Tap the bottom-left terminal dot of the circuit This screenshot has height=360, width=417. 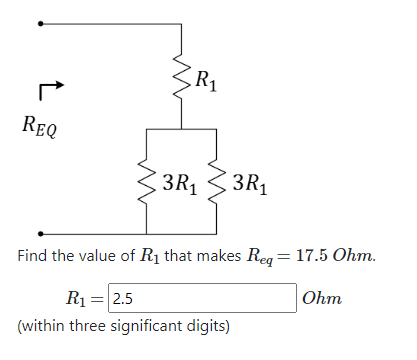click(40, 231)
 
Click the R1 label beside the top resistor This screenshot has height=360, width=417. click(204, 79)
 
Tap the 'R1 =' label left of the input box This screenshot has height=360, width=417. click(84, 298)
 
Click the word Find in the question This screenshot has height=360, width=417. click(34, 256)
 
